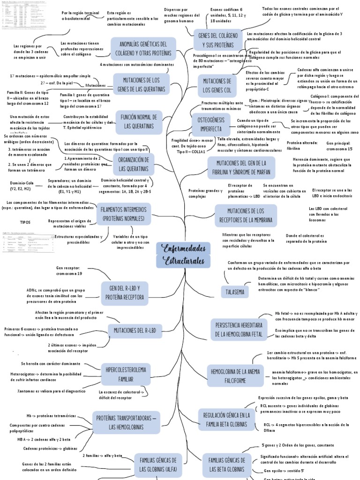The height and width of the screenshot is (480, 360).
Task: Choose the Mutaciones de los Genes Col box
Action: point(217,85)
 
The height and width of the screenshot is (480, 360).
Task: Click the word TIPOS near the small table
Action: point(25,222)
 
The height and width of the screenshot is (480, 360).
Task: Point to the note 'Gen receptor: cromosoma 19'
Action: point(69,270)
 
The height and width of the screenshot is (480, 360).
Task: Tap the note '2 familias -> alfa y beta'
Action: point(103,455)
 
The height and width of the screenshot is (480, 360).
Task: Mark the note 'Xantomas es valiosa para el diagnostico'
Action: point(52,390)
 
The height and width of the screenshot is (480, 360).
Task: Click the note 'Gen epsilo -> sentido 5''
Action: point(284,470)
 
